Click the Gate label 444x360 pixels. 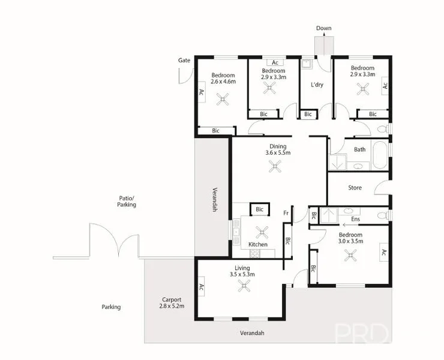point(184,61)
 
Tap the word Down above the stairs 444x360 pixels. point(323,28)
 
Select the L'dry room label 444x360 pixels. point(317,85)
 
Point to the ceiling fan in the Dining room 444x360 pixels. point(276,169)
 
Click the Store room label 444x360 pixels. point(355,188)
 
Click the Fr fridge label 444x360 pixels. point(287,213)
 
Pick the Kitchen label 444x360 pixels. point(257,245)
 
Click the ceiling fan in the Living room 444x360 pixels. point(244,287)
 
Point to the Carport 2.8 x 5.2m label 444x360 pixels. point(172,302)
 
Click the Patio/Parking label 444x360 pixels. point(126,201)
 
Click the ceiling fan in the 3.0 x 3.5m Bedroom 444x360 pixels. point(350,255)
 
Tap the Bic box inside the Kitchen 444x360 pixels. point(259,209)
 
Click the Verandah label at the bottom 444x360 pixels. point(252,332)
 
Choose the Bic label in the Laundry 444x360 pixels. point(308,114)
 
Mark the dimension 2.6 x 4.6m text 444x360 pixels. point(223,81)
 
